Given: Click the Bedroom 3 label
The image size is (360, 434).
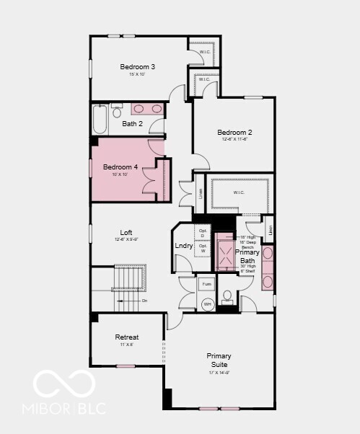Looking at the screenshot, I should [137, 67].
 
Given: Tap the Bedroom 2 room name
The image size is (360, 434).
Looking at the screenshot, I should [234, 133].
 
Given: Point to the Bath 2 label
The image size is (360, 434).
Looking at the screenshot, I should [132, 124].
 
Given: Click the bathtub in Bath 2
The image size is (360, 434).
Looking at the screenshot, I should [100, 120].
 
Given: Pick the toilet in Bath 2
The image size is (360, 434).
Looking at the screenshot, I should [117, 112].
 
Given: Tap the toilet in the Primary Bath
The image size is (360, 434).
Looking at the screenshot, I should [227, 296].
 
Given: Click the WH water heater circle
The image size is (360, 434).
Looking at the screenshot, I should [206, 304].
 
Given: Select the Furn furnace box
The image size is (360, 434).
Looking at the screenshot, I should [206, 285].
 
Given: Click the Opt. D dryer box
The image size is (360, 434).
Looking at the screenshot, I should [203, 234].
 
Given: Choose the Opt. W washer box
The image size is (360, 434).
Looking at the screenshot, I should [203, 249].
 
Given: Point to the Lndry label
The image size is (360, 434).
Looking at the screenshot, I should [183, 246].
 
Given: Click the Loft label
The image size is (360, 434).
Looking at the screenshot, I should [126, 232].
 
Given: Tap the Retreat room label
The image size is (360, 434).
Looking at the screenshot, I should [127, 337].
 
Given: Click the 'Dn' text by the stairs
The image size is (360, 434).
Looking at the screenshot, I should [144, 301].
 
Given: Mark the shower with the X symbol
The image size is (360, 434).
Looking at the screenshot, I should [224, 252].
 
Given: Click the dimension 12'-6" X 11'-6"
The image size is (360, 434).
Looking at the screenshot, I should [234, 140].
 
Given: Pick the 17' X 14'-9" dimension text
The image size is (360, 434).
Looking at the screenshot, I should [219, 373].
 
